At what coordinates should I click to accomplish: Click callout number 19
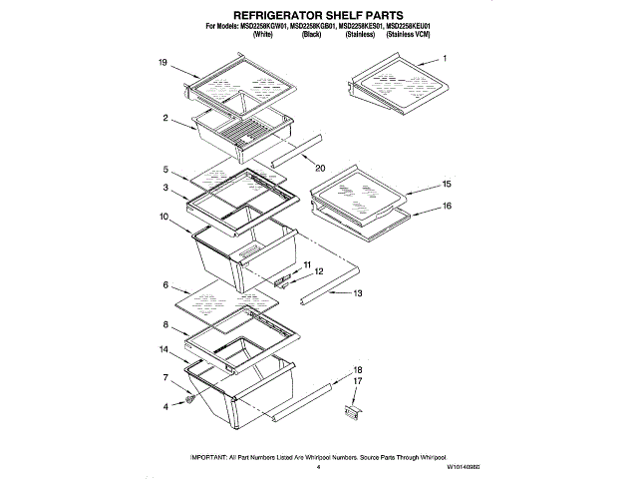[161, 63]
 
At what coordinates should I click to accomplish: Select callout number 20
[320, 167]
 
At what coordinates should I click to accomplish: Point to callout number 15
[447, 185]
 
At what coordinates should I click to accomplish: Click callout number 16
[447, 206]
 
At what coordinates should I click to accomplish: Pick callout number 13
[358, 293]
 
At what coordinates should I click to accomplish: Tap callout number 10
[161, 216]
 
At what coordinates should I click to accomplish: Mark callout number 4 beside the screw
[164, 406]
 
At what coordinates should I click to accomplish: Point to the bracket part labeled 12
[284, 280]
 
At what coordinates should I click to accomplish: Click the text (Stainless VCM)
[410, 34]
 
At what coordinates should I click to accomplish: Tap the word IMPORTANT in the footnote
[213, 456]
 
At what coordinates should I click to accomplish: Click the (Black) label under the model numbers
[311, 34]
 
